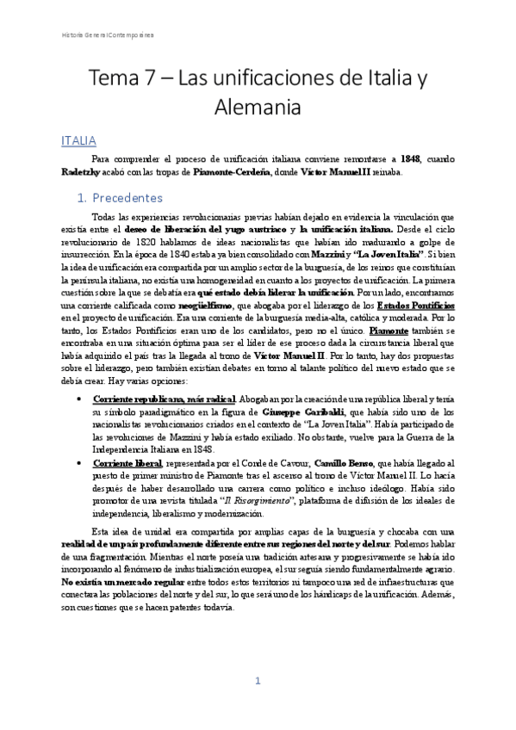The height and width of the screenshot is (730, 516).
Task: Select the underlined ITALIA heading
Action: (78, 140)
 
